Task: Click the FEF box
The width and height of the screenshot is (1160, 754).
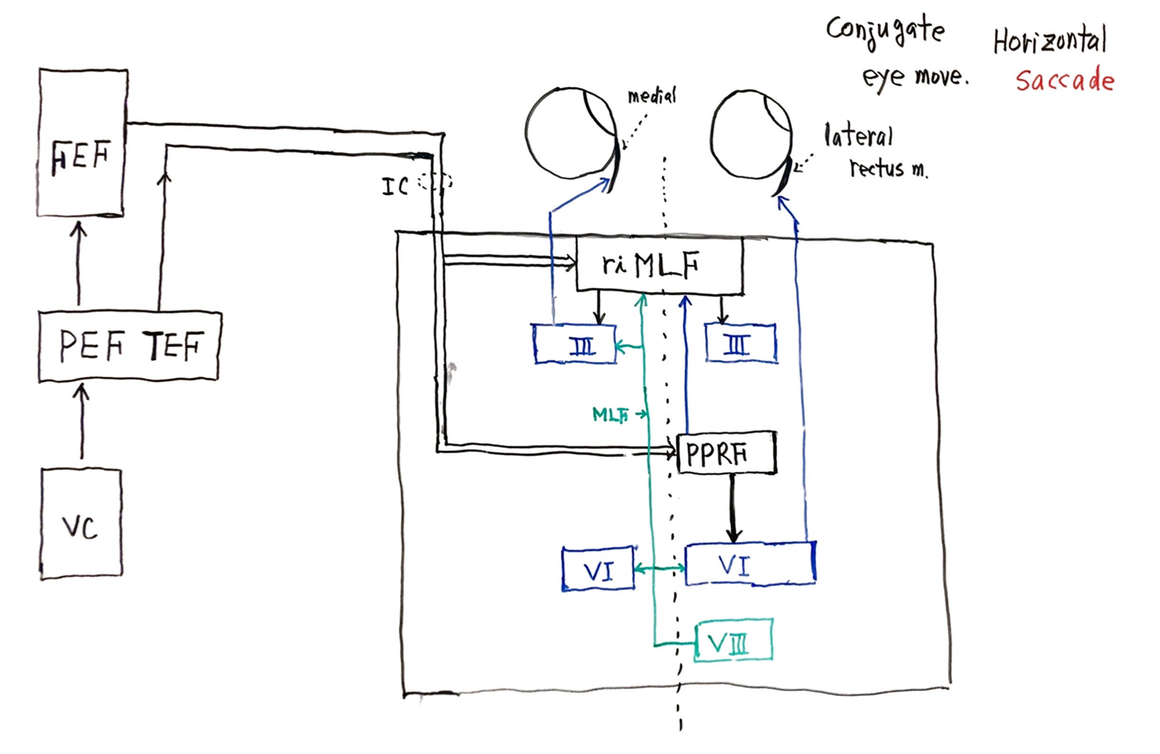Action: pyautogui.click(x=82, y=143)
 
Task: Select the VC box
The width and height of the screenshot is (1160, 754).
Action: pyautogui.click(x=81, y=523)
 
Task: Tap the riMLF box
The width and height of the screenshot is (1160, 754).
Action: pyautogui.click(x=658, y=265)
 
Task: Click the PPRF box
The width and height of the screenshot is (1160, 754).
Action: pyautogui.click(x=726, y=454)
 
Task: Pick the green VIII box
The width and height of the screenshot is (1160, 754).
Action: pyautogui.click(x=733, y=641)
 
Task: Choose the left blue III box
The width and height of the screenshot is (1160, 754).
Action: pyautogui.click(x=575, y=344)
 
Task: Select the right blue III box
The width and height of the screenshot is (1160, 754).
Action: pyautogui.click(x=740, y=343)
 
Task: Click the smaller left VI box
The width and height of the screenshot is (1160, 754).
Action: pyautogui.click(x=597, y=569)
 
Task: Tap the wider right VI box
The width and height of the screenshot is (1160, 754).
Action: pyautogui.click(x=750, y=564)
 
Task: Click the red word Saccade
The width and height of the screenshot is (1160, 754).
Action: pyautogui.click(x=1064, y=81)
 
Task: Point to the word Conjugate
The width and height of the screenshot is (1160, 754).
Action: pyautogui.click(x=885, y=31)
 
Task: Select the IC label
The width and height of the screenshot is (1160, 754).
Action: pyautogui.click(x=395, y=186)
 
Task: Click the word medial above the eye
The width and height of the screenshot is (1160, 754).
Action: pyautogui.click(x=652, y=96)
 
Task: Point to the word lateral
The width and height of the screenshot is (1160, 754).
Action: pyautogui.click(x=859, y=136)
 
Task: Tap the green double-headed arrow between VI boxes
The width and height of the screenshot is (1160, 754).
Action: pyautogui.click(x=659, y=568)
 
